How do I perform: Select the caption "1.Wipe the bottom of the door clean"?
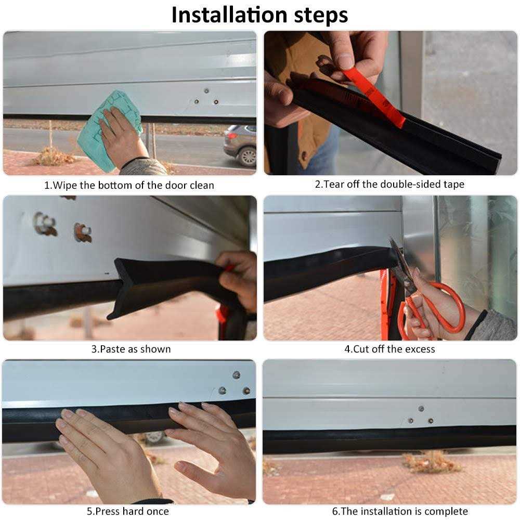[129, 185]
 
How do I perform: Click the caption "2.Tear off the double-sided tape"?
[389, 184]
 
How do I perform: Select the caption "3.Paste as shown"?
[131, 349]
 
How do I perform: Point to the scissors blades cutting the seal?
[399, 265]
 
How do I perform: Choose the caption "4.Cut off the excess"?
[389, 349]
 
